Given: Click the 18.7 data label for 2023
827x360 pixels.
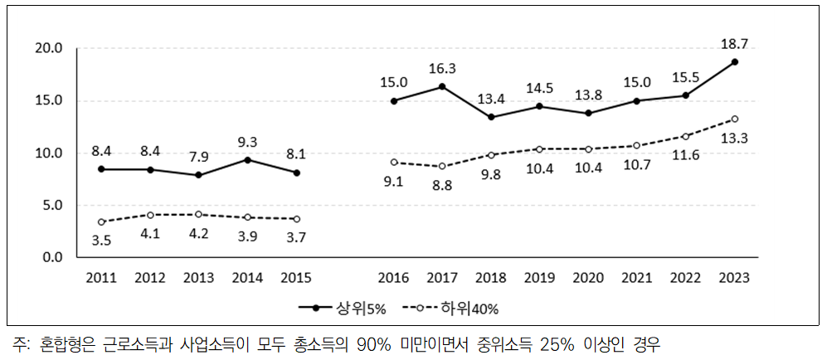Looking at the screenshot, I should (x=734, y=42).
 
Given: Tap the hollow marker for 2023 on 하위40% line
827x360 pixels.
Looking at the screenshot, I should (x=734, y=119).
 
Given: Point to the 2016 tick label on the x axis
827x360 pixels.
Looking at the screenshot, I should (x=393, y=276).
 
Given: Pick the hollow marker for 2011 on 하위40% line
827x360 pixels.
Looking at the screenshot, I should (x=101, y=221).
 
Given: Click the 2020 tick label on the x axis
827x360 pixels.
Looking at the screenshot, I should (x=588, y=276).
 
